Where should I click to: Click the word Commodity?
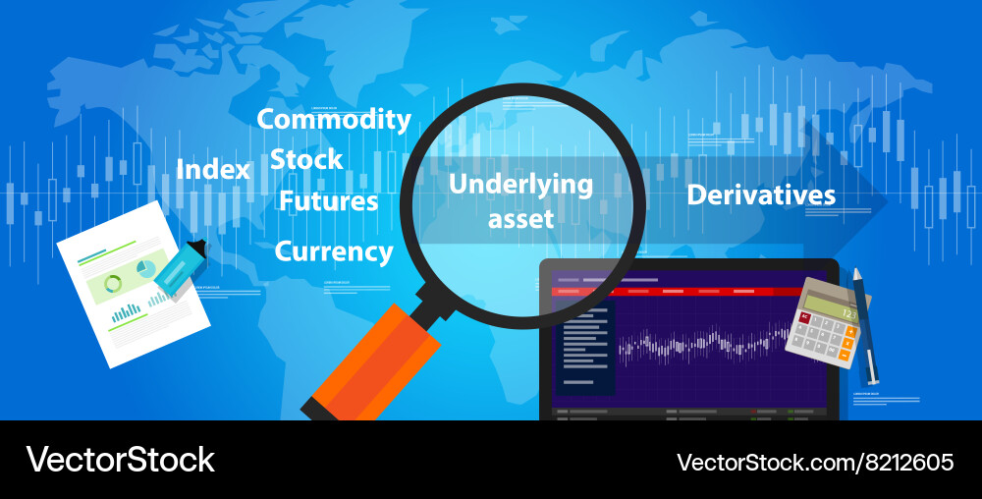click(x=334, y=120)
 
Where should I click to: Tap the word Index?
click(x=213, y=170)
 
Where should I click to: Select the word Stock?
click(x=306, y=159)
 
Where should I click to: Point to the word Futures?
click(x=328, y=201)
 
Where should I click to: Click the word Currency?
click(x=334, y=251)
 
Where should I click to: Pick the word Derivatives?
click(x=761, y=194)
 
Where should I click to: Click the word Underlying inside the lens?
click(x=520, y=184)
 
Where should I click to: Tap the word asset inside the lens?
click(x=521, y=218)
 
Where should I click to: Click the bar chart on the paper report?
click(x=127, y=313)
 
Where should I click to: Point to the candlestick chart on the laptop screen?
click(x=702, y=344)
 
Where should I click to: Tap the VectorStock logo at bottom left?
click(x=120, y=460)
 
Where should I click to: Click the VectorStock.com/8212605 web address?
click(x=815, y=461)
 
